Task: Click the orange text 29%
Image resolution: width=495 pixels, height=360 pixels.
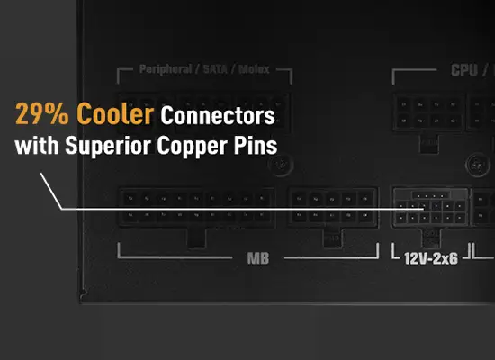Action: [x=42, y=113]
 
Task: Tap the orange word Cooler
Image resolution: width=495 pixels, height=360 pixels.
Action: [x=115, y=113]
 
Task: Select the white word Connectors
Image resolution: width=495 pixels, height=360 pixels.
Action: [x=218, y=115]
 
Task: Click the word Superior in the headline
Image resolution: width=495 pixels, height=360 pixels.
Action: [x=108, y=146]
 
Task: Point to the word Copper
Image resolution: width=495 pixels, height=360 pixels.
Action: [x=193, y=147]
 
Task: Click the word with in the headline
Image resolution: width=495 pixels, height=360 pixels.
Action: [x=37, y=146]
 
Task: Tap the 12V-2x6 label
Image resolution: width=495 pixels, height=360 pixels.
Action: [x=431, y=259]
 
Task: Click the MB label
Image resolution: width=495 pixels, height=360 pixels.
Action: [x=258, y=258]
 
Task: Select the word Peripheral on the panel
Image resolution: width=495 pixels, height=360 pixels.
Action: [x=166, y=69]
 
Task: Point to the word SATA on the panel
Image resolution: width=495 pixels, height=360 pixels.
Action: [x=215, y=69]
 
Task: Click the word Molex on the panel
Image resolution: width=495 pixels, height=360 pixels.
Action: [x=254, y=69]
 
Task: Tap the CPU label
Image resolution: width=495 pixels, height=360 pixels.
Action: [x=464, y=70]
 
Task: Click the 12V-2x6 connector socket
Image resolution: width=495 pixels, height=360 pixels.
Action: [x=430, y=207]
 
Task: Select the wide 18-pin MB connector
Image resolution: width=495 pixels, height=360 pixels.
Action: [x=196, y=207]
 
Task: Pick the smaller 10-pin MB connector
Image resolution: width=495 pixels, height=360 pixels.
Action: [x=333, y=207]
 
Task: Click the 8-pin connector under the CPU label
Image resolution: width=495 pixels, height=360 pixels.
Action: [x=429, y=112]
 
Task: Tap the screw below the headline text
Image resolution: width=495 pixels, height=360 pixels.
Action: [x=281, y=165]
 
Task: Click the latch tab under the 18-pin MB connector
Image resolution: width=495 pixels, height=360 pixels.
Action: [x=196, y=238]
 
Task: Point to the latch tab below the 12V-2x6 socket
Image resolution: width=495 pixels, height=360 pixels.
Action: [x=431, y=238]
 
